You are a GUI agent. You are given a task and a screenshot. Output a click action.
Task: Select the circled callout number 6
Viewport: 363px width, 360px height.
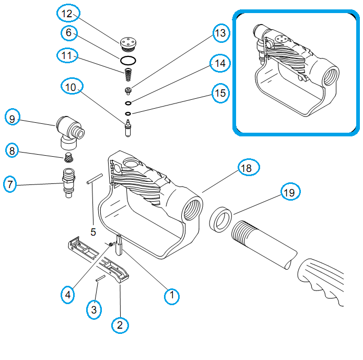(68, 33)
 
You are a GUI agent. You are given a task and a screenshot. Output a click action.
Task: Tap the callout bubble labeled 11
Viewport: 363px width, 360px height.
(68, 55)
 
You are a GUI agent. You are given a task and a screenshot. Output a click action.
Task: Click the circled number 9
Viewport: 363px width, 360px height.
(13, 118)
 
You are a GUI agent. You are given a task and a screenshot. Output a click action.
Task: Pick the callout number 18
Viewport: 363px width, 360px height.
(246, 168)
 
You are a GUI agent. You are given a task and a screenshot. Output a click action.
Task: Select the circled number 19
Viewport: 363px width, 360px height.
(289, 192)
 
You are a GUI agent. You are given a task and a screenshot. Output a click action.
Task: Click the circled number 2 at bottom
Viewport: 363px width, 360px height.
(120, 324)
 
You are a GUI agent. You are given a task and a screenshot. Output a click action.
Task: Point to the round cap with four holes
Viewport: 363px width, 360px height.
(126, 41)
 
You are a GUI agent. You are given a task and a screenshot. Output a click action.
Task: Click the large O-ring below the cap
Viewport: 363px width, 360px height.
(127, 60)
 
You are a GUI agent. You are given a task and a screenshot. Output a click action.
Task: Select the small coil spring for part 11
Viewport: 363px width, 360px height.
(127, 75)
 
